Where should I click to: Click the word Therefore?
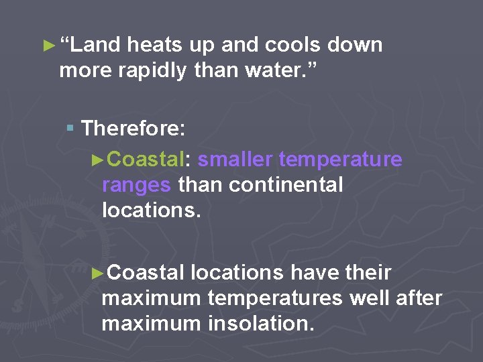pyautogui.click(x=133, y=127)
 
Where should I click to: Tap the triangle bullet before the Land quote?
pyautogui.click(x=46, y=46)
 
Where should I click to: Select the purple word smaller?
pyautogui.click(x=235, y=160)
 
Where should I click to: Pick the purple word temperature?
pyautogui.click(x=340, y=160)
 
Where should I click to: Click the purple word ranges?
pyautogui.click(x=136, y=184)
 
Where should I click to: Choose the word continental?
pyautogui.click(x=286, y=184)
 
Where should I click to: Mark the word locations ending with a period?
pyautogui.click(x=151, y=210)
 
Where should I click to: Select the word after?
pyautogui.click(x=419, y=298)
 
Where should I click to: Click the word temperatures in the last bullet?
pyautogui.click(x=275, y=298)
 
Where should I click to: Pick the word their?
pyautogui.click(x=368, y=273)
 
